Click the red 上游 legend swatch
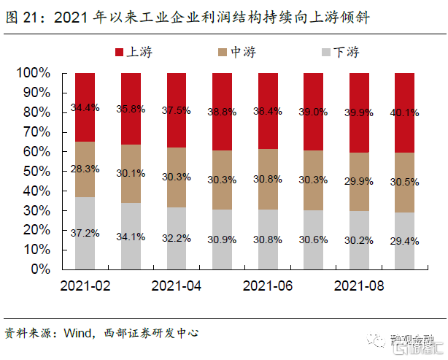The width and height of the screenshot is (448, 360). point(120,52)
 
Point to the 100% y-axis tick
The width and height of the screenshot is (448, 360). point(34,74)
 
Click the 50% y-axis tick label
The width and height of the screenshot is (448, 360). point(36,171)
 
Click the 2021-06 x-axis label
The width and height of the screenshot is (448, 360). point(268,286)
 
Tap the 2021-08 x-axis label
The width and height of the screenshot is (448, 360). point(359,286)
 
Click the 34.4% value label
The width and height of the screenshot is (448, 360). point(85,108)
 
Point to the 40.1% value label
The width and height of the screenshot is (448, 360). point(405,112)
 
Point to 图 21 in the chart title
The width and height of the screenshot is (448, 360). point(20,17)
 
